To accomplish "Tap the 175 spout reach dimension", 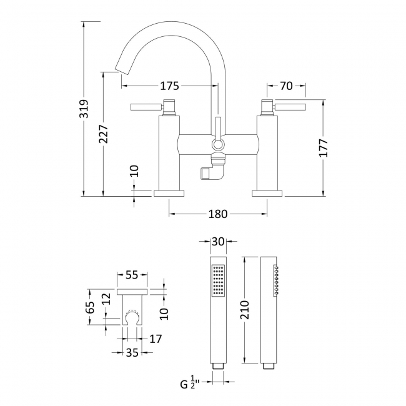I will (169, 86).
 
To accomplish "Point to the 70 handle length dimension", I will (287, 86).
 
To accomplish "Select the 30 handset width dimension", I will (217, 241).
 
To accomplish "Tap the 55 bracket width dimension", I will (132, 274).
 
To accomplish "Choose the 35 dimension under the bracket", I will (132, 352).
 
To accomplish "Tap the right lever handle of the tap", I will (290, 107).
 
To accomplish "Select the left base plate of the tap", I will (169, 192).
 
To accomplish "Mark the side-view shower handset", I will (269, 309).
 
